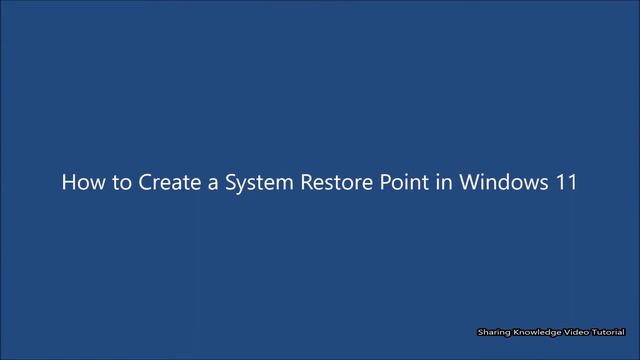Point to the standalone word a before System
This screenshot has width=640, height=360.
(205, 184)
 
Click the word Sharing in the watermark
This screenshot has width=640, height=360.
(492, 332)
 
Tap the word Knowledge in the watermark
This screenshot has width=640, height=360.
(537, 332)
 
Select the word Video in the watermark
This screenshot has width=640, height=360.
(579, 332)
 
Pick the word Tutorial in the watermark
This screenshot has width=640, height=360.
(611, 332)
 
